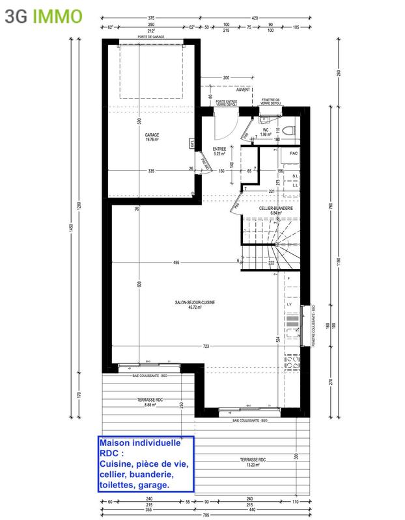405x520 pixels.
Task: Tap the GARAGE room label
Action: pos(152,135)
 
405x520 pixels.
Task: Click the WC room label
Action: pos(266,129)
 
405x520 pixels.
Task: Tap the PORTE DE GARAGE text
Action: pos(151,37)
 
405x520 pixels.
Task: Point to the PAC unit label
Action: pos(294,153)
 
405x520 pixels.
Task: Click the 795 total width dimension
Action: pos(204,514)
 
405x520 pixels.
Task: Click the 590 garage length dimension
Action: pos(139,121)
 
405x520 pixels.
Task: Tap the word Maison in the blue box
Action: pos(117,443)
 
